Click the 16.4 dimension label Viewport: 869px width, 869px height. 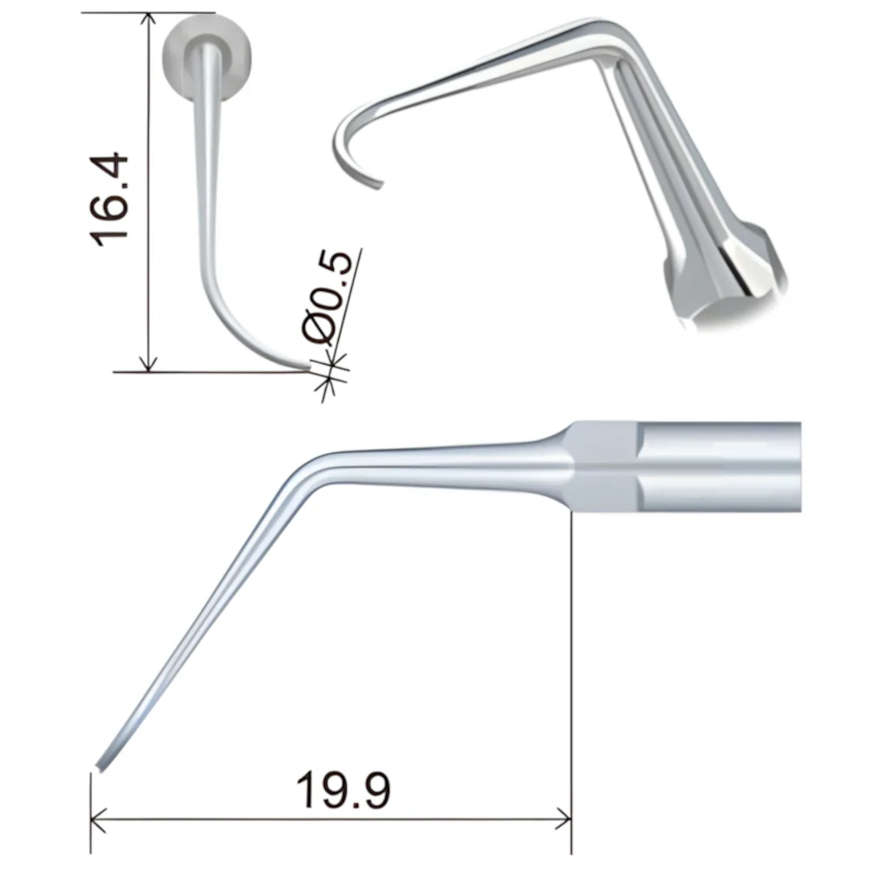109,200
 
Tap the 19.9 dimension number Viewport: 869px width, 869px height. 343,790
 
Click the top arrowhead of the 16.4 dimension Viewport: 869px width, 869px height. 148,19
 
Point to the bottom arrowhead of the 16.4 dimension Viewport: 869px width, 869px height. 148,363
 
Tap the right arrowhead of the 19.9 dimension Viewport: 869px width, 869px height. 563,819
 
